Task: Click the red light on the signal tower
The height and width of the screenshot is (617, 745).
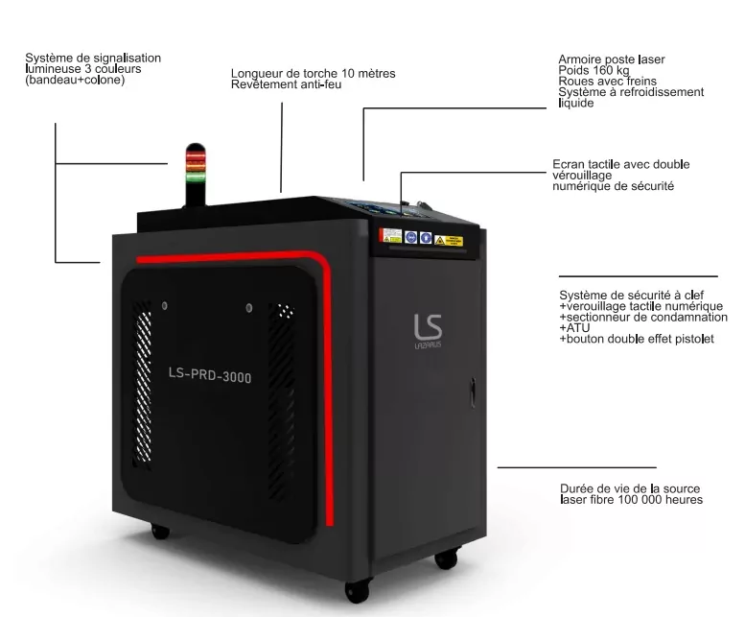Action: pyautogui.click(x=196, y=155)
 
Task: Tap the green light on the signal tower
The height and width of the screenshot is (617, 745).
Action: pyautogui.click(x=196, y=177)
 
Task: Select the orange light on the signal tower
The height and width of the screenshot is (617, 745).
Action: pyautogui.click(x=196, y=166)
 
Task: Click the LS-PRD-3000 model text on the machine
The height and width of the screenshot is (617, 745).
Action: pyautogui.click(x=210, y=374)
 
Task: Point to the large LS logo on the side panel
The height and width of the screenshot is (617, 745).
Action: pyautogui.click(x=428, y=326)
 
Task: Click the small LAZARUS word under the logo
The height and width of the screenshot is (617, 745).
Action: pyautogui.click(x=428, y=344)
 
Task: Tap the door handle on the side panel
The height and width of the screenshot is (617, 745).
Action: pyautogui.click(x=473, y=392)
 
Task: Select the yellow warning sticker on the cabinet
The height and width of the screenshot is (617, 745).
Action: pyautogui.click(x=449, y=241)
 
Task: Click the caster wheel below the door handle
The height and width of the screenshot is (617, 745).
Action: pyautogui.click(x=446, y=559)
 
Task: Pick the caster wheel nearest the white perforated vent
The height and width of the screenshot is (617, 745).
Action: pyautogui.click(x=160, y=531)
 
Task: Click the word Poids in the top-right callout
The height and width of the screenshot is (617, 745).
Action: pyautogui.click(x=572, y=70)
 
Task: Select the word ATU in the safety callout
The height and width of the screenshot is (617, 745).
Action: pyautogui.click(x=578, y=328)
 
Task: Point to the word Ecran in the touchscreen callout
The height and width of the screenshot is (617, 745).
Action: pyautogui.click(x=568, y=164)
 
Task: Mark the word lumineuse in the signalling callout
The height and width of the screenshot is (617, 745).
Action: pyautogui.click(x=53, y=69)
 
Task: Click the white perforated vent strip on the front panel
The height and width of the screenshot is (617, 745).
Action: pyautogui.click(x=143, y=384)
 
